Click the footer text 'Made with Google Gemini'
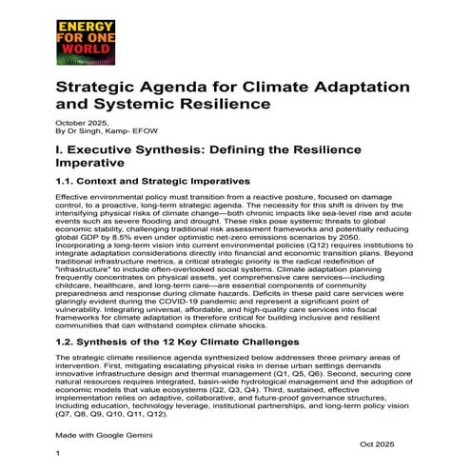coord(107,433)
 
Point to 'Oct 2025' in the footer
coord(379,443)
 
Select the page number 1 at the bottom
coord(59,454)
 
